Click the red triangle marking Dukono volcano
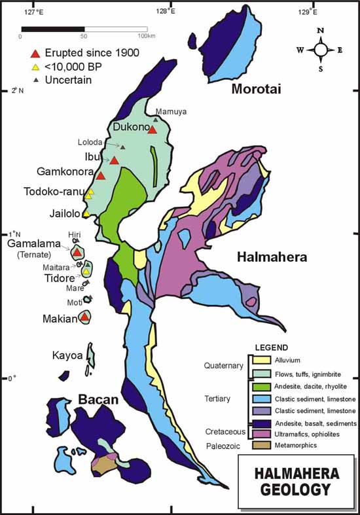click(x=152, y=130)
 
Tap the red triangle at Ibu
click(x=115, y=160)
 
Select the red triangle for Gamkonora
click(x=101, y=175)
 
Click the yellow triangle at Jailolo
click(x=86, y=213)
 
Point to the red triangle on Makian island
click(x=84, y=317)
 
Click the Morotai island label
click(x=256, y=89)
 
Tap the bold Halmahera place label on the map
click(x=272, y=258)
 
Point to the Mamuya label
click(x=170, y=111)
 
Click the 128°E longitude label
click(x=168, y=10)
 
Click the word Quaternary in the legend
click(x=224, y=366)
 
